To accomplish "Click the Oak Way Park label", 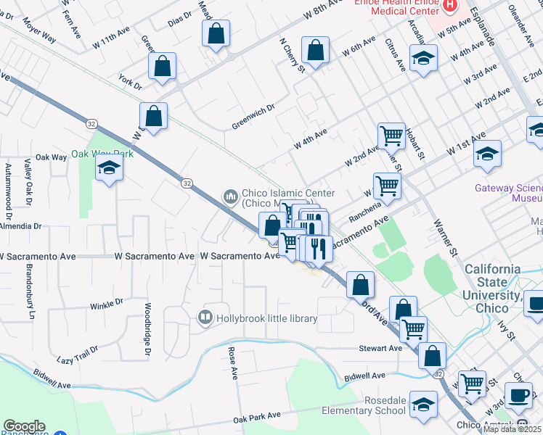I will pyautogui.click(x=102, y=154).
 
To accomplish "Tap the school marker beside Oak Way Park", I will pyautogui.click(x=110, y=168).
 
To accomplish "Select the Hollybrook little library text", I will pyautogui.click(x=266, y=318).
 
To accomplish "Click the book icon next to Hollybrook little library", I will pyautogui.click(x=205, y=318).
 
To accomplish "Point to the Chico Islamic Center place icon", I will pyautogui.click(x=231, y=196).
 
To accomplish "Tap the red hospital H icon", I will pyautogui.click(x=450, y=7).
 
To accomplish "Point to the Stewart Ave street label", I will pyautogui.click(x=380, y=348).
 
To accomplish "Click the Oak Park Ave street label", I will pyautogui.click(x=257, y=416).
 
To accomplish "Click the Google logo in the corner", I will pyautogui.click(x=24, y=426).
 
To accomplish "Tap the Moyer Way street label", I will pyautogui.click(x=41, y=35).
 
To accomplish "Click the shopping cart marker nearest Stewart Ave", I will pyautogui.click(x=413, y=329).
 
